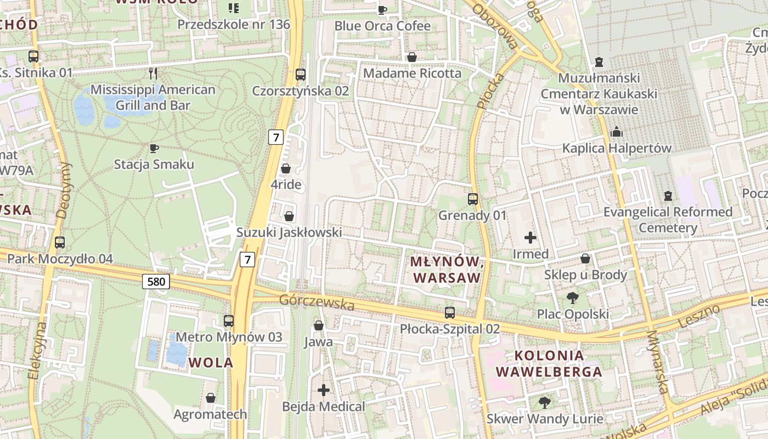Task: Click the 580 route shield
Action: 156,282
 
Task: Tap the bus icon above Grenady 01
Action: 473,200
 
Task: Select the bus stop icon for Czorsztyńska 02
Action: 301,75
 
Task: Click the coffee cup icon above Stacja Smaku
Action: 154,148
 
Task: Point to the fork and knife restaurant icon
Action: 153,73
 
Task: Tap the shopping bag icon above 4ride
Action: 286,168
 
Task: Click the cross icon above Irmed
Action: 530,238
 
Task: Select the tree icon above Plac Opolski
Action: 573,298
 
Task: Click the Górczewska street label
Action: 317,302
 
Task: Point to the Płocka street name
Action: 490,90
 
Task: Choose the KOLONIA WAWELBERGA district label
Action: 549,363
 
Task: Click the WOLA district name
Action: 211,362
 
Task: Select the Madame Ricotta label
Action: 413,73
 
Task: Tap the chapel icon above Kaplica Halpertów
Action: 617,132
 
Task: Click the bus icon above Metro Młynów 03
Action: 229,321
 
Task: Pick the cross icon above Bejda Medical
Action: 324,390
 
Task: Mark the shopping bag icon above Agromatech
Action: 211,398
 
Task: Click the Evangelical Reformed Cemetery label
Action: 668,219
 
